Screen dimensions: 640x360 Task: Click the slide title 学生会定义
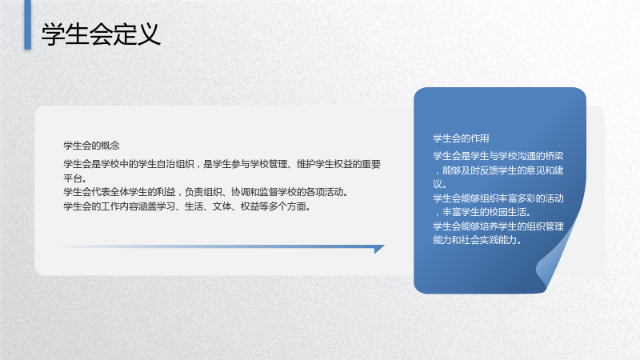point(101,34)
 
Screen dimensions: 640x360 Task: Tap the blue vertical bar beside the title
point(28,25)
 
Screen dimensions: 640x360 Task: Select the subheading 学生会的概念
point(91,146)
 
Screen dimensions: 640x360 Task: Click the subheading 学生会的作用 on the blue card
point(461,138)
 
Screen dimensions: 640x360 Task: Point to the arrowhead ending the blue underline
point(379,249)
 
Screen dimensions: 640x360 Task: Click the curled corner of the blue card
point(552,262)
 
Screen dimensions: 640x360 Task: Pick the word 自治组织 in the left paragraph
point(175,164)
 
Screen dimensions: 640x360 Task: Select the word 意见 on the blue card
point(535,170)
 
